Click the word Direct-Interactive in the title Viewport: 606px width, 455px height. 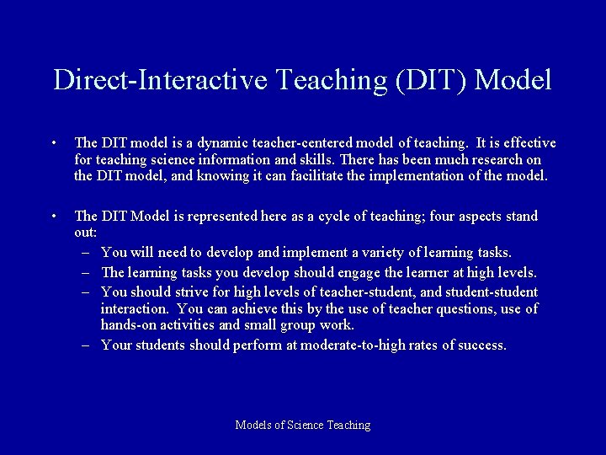[x=159, y=80]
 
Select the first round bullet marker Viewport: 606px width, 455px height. [x=53, y=143]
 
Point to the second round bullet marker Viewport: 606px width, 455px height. [x=53, y=217]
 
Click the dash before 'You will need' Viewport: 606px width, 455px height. [x=87, y=253]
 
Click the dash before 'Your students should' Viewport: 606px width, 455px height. [x=87, y=345]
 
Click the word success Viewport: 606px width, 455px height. [x=483, y=345]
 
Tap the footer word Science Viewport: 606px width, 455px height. [x=311, y=426]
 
